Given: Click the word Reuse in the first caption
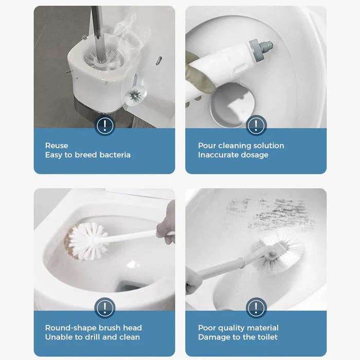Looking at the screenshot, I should tap(57, 146).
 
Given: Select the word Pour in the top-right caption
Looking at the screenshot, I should tap(207, 146).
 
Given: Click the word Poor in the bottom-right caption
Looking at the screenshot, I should tap(207, 328).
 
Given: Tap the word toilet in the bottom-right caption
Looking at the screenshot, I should tap(264, 337).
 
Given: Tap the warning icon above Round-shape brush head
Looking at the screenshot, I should tap(104, 308).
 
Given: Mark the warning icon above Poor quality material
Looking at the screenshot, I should tap(256, 308).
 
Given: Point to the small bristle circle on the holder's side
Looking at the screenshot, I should tap(135, 95).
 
